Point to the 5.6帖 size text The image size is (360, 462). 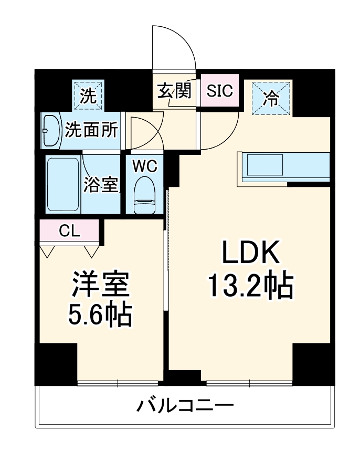click(x=100, y=313)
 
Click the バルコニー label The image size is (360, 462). click(x=185, y=406)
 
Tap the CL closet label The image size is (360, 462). click(x=69, y=230)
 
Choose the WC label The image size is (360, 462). click(x=144, y=166)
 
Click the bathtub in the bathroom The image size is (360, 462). click(x=62, y=184)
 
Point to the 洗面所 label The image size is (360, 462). click(x=91, y=131)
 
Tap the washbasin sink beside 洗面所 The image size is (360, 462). click(x=51, y=131)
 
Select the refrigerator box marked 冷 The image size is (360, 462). click(x=271, y=98)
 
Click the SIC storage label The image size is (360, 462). click(x=219, y=91)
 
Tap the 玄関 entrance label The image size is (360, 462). click(x=174, y=91)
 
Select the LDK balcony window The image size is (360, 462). click(x=249, y=383)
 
